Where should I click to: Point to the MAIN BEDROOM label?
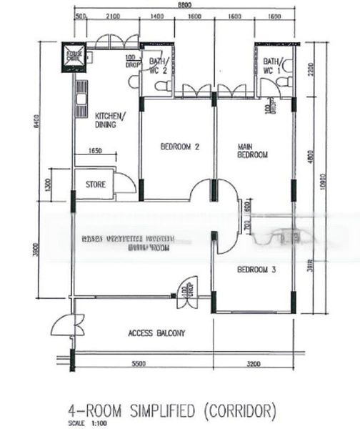click(x=252, y=151)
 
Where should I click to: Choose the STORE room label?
click(x=96, y=184)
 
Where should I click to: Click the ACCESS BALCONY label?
click(x=156, y=333)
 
